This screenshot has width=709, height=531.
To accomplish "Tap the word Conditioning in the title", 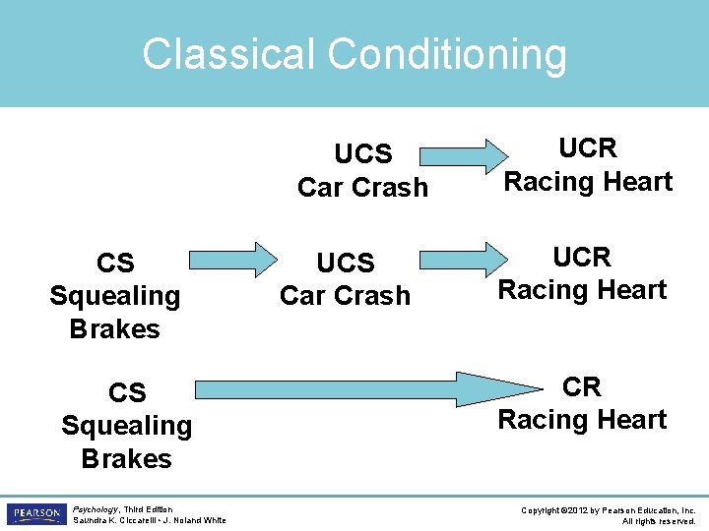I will pyautogui.click(x=447, y=56).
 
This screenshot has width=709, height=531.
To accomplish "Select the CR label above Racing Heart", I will pyautogui.click(x=582, y=387).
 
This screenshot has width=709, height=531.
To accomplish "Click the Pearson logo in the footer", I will pyautogui.click(x=35, y=514).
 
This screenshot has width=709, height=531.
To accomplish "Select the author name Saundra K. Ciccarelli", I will pyautogui.click(x=114, y=520).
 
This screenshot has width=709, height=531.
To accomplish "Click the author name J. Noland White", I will pyautogui.click(x=197, y=520).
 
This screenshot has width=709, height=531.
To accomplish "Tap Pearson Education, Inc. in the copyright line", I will pyautogui.click(x=654, y=510).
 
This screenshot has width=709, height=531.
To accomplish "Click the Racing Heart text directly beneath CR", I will pyautogui.click(x=582, y=420).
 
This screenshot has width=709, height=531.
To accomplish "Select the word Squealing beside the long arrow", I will pyautogui.click(x=126, y=426).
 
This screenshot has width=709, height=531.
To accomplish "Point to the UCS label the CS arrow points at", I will pyautogui.click(x=345, y=263).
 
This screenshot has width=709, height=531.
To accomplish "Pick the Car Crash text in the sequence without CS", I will pyautogui.click(x=362, y=187).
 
